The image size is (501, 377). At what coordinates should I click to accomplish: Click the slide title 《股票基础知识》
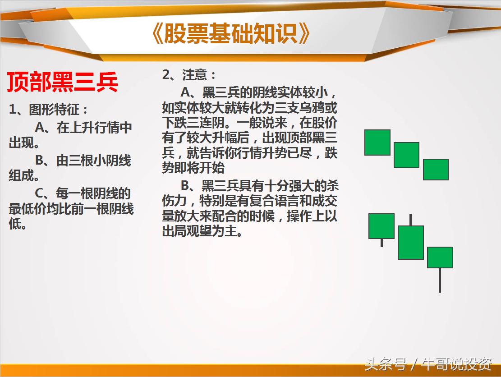[231, 34]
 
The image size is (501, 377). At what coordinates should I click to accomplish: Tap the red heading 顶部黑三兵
[63, 82]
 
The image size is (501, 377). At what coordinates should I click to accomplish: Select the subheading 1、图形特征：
[49, 110]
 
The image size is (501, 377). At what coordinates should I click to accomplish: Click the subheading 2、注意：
[189, 75]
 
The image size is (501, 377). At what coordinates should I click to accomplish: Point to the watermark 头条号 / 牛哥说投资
[428, 363]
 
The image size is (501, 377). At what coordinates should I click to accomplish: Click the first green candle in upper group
[377, 143]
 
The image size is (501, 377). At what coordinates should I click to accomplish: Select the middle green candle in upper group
[406, 155]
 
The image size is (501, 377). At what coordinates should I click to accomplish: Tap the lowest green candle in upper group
[436, 169]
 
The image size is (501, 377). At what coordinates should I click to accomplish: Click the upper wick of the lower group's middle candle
[410, 220]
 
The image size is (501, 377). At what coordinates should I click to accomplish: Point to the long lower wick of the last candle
[440, 280]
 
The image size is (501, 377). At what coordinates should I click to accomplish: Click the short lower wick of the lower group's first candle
[381, 243]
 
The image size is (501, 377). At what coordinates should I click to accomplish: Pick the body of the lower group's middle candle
[410, 242]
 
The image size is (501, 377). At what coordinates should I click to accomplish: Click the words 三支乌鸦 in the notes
[301, 108]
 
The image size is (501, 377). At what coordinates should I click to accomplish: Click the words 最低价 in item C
[30, 209]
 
